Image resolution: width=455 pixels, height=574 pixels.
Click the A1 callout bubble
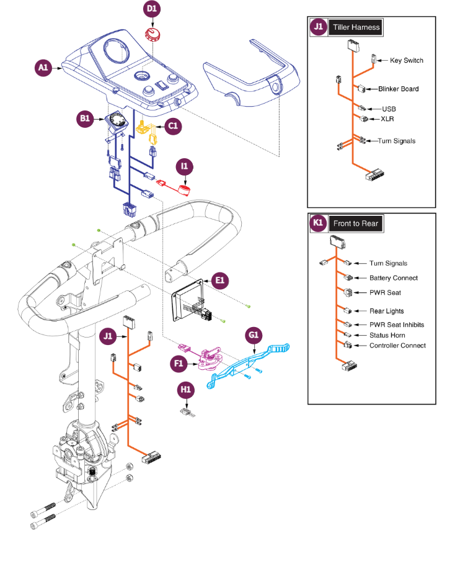[43, 68]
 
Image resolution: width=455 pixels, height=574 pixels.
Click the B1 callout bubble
[86, 120]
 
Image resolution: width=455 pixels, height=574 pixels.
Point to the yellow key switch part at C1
[147, 128]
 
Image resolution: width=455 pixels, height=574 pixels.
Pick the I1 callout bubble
[185, 166]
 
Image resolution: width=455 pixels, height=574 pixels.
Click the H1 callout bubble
[187, 389]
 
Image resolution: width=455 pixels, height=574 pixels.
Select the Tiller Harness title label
[356, 27]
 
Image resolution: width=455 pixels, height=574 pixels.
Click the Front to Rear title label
[355, 223]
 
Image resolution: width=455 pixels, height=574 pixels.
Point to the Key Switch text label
[406, 61]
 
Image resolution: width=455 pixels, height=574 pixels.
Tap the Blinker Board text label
[398, 89]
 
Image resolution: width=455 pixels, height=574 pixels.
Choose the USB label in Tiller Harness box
[389, 109]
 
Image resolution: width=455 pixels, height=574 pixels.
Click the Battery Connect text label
[394, 278]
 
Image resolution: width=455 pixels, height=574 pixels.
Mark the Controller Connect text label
[397, 346]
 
